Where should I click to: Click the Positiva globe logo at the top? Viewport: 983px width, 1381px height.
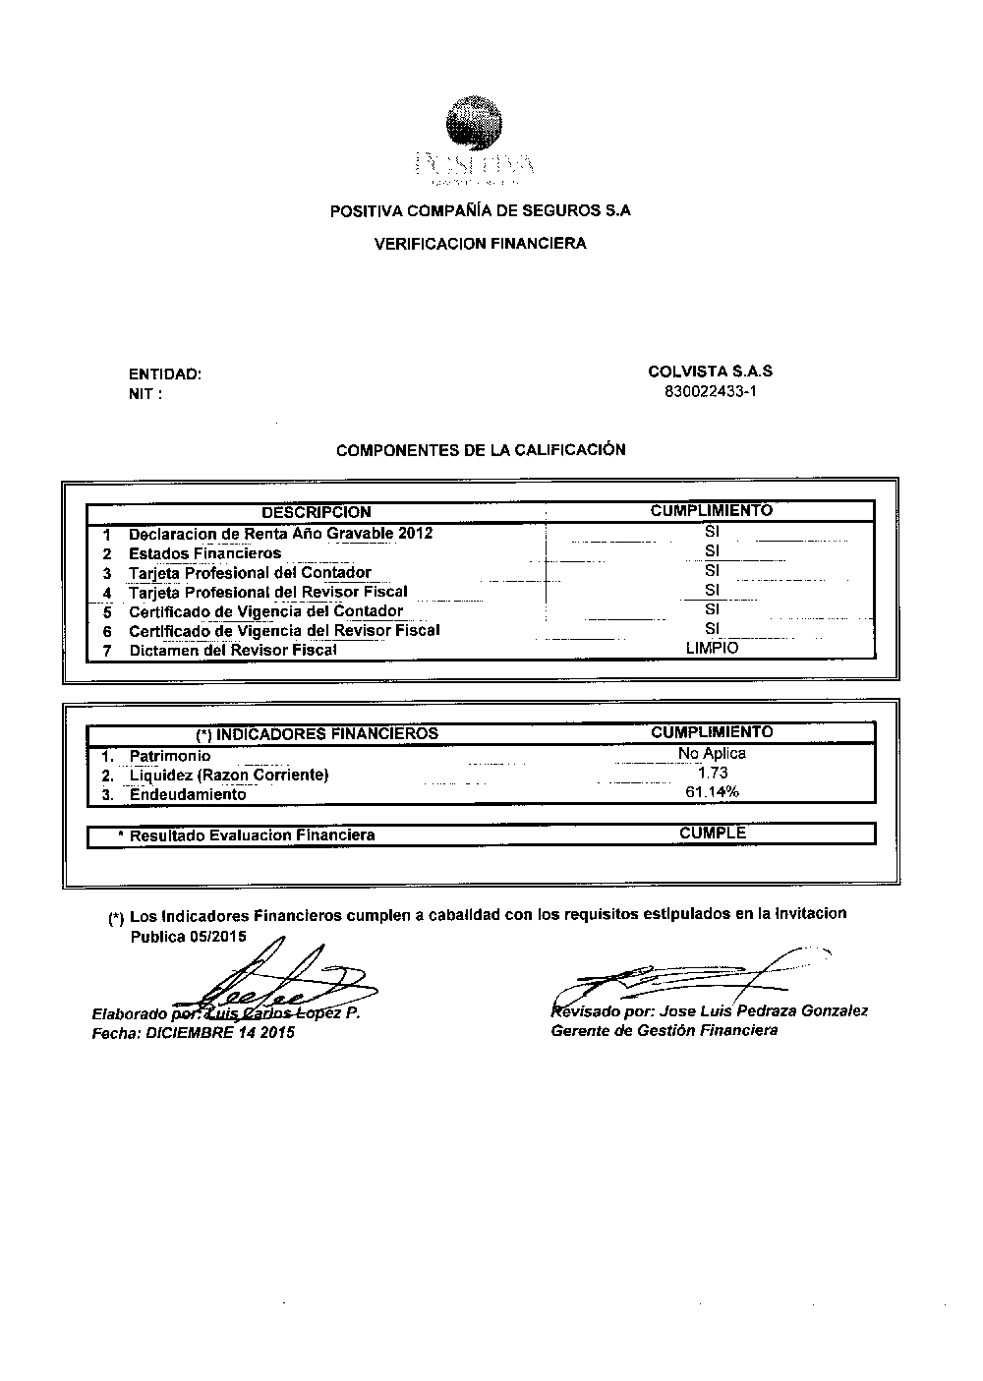click(x=474, y=126)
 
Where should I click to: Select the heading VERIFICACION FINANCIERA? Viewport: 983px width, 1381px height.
click(x=481, y=244)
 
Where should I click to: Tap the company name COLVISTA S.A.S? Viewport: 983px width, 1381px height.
click(x=710, y=372)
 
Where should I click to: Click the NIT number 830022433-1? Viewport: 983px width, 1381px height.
click(x=711, y=391)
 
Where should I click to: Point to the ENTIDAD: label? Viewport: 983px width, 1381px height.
click(x=165, y=374)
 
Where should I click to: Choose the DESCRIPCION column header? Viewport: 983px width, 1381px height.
click(x=316, y=512)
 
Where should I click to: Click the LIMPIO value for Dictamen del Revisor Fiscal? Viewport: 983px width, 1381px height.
click(x=712, y=648)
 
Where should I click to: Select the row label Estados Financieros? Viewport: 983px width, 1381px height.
click(x=204, y=553)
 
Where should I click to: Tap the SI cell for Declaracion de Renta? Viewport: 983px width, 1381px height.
click(x=713, y=532)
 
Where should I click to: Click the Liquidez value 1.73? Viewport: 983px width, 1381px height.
click(x=712, y=774)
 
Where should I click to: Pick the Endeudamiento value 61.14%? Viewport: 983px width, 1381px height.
click(x=712, y=792)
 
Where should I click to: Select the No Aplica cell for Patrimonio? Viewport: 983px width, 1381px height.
click(x=712, y=754)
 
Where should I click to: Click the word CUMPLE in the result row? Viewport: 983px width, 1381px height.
click(x=712, y=834)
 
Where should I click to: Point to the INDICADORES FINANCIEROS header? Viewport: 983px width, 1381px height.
click(x=317, y=733)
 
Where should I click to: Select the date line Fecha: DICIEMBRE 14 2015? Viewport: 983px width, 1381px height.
click(x=192, y=1033)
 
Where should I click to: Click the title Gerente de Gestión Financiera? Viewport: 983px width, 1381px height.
click(x=664, y=1030)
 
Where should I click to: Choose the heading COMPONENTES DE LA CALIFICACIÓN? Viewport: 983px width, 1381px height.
click(x=481, y=450)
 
